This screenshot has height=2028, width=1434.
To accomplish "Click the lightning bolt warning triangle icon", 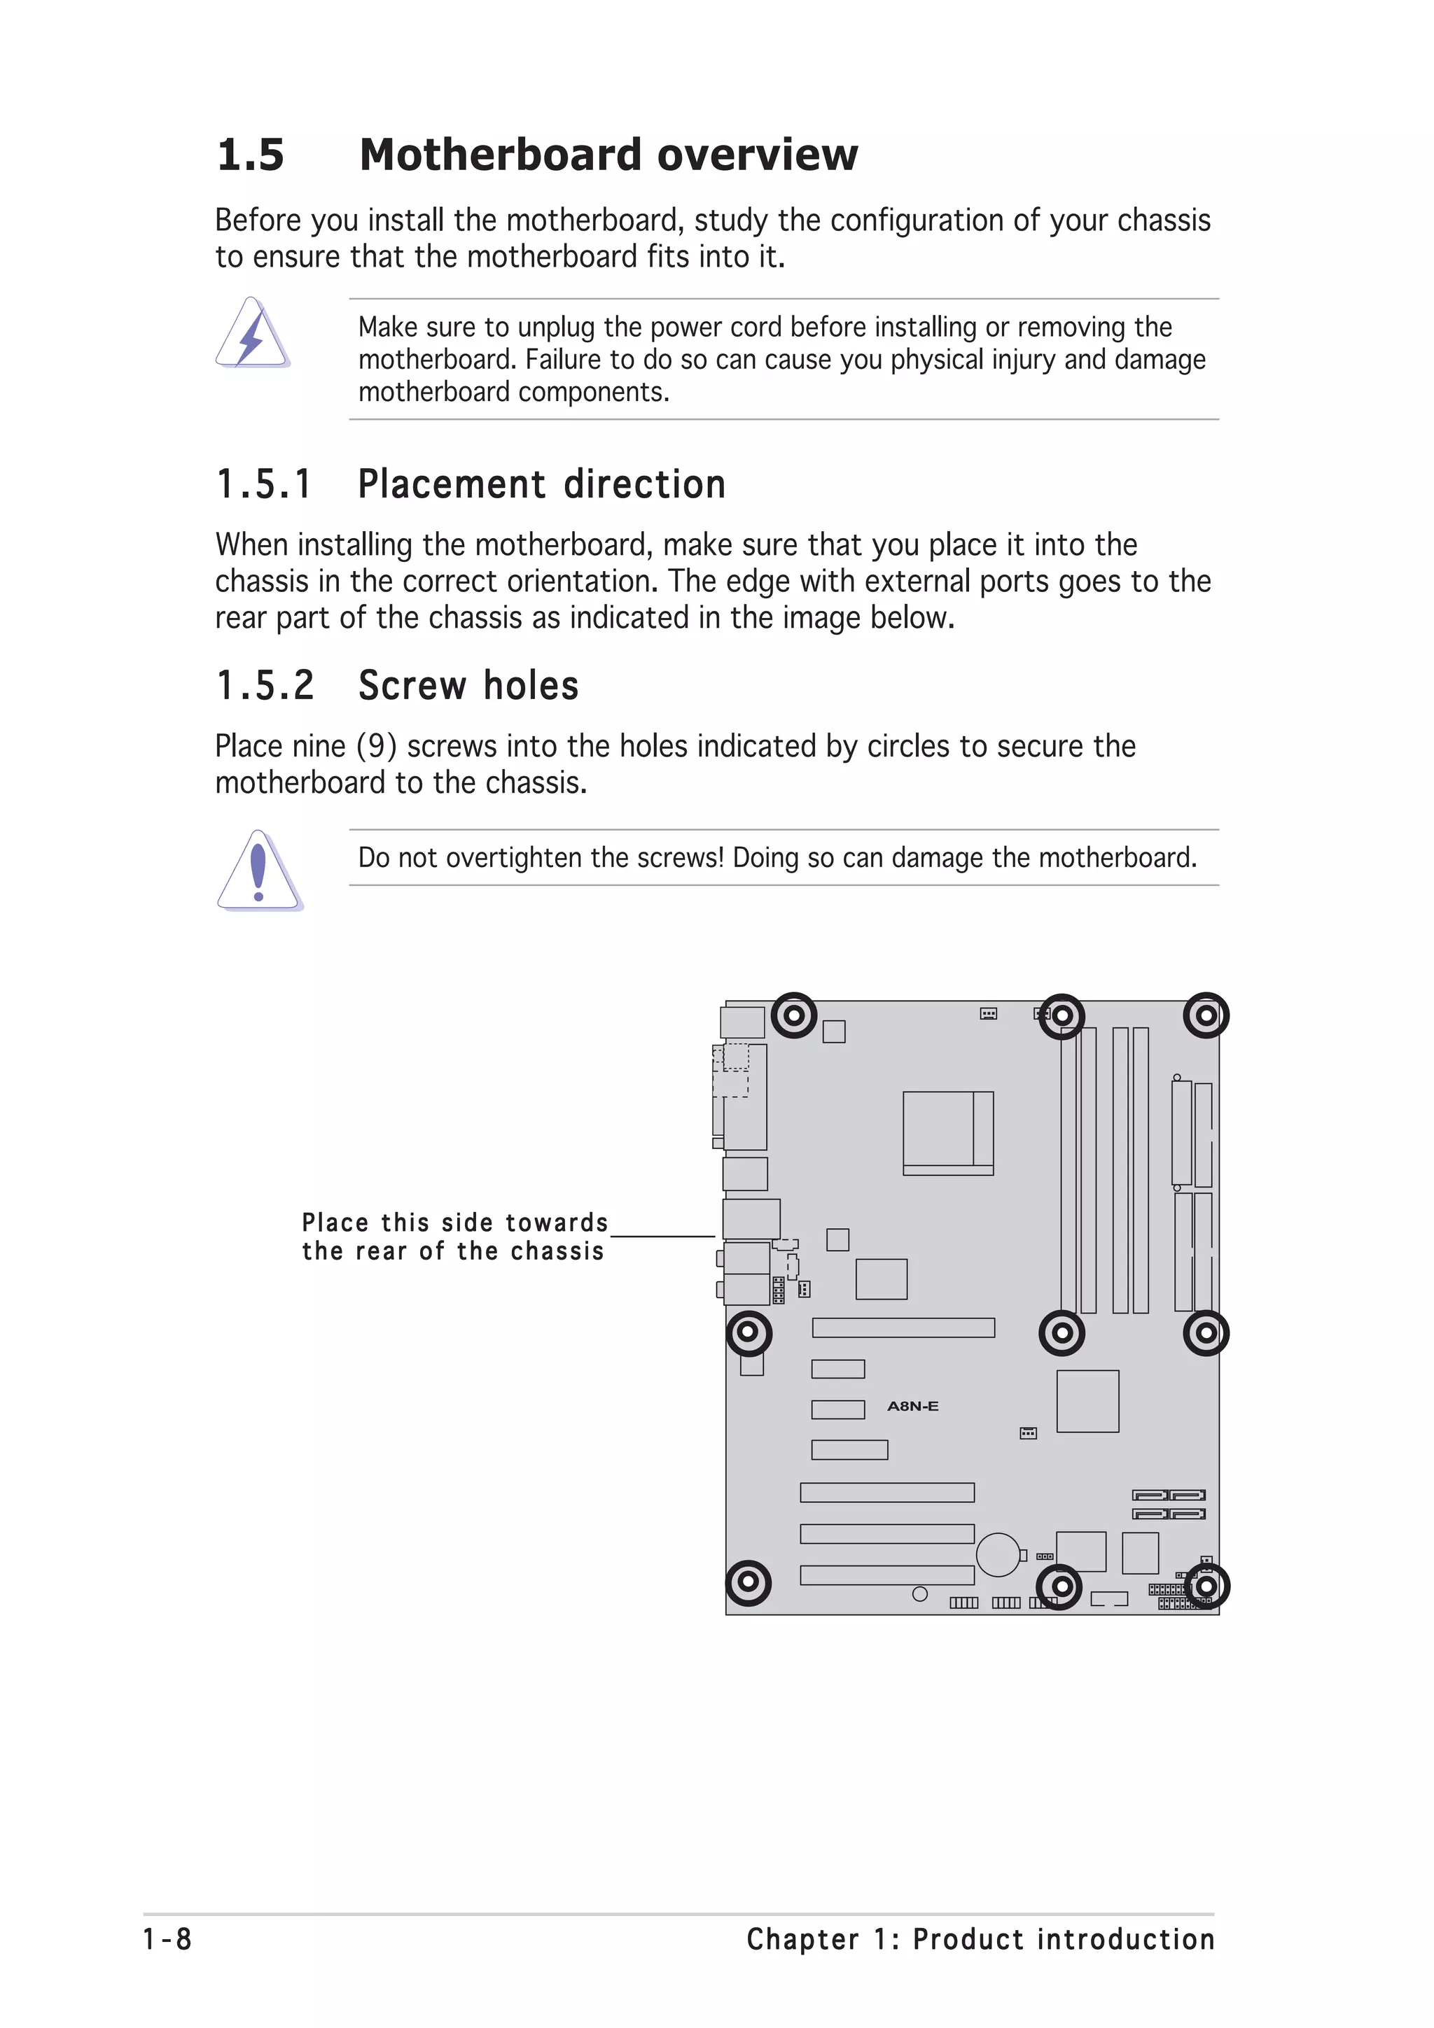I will (252, 334).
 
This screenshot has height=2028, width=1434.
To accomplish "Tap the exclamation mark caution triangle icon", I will (259, 871).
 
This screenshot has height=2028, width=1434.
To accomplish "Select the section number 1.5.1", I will (263, 485).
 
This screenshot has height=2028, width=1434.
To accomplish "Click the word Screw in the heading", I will (412, 686).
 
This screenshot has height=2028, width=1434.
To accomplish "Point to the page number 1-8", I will (167, 1939).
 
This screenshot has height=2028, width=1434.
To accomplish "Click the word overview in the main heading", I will (756, 155).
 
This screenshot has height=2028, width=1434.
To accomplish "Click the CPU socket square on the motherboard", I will (947, 1132).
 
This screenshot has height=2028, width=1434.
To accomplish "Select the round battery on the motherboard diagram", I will (998, 1554).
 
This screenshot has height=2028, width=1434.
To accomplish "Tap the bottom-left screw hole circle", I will (748, 1583).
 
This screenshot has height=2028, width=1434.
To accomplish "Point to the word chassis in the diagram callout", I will (557, 1252).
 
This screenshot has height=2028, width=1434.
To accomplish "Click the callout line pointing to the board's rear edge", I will (662, 1237).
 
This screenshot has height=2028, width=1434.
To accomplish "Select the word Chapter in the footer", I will (802, 1939).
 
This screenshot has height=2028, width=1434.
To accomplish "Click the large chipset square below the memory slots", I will (1087, 1402).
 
